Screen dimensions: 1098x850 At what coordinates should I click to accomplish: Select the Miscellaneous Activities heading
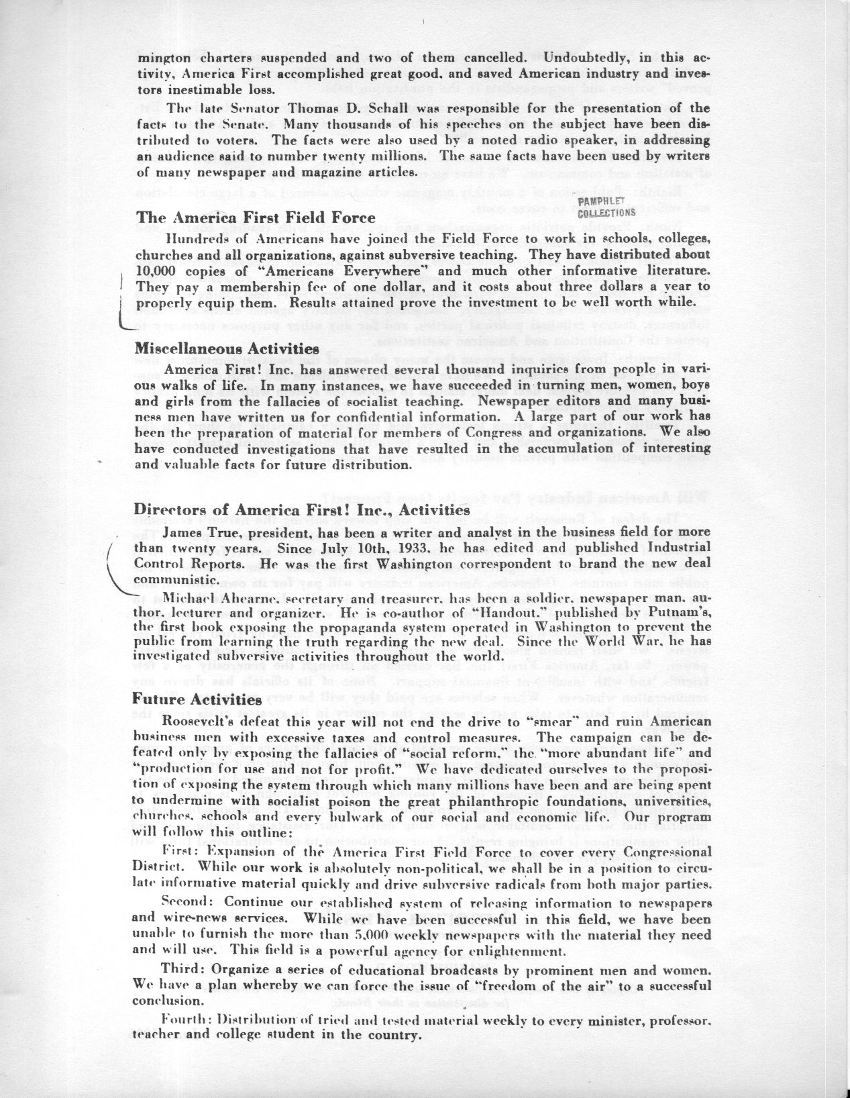227,349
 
